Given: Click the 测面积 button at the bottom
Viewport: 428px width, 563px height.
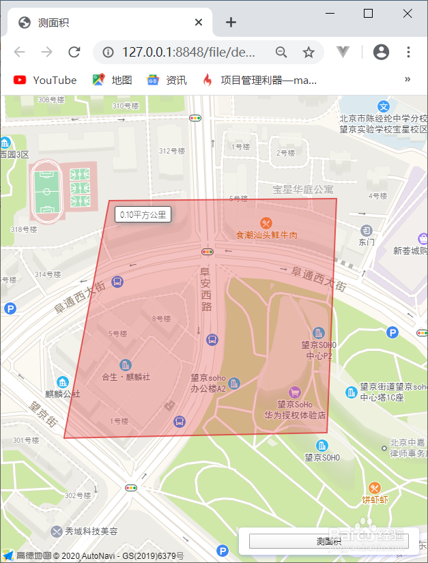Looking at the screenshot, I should pos(328,541).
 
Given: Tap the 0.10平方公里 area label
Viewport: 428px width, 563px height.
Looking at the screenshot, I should pos(143,214).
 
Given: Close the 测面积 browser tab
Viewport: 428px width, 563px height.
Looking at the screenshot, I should pos(199,23).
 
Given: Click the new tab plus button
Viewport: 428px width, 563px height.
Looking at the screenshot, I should pos(231,23).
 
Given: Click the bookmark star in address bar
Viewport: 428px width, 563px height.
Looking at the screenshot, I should pos(309,53).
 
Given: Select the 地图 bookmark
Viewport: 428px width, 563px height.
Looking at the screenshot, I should pos(113,80).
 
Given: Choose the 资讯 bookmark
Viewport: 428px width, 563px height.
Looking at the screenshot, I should pos(167,80).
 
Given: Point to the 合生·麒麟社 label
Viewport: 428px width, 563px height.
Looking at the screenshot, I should pos(126,376).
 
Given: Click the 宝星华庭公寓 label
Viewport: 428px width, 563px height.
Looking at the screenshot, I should pos(303,189).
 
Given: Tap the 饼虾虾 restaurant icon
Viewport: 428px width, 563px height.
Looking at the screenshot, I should pos(375,488).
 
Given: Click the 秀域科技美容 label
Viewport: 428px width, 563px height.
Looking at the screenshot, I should pos(91,531).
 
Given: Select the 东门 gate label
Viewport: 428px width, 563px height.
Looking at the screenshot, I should pos(367,242).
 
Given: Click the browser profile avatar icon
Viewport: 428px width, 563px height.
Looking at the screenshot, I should pos(381,53).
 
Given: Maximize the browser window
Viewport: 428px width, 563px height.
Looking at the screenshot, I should pos(368,13).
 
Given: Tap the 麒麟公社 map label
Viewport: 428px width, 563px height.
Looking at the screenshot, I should pos(63,394).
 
